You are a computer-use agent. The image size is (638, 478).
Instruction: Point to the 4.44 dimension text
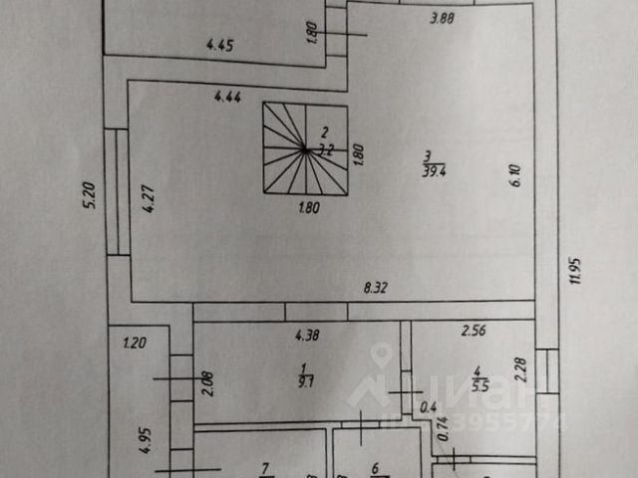tap(228, 97)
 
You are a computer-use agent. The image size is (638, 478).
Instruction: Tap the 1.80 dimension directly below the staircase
tap(309, 208)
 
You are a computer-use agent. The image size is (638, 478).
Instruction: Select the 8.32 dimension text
tap(376, 289)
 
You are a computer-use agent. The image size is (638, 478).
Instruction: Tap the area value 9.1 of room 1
tap(300, 379)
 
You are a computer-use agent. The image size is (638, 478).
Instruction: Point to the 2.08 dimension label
tap(204, 383)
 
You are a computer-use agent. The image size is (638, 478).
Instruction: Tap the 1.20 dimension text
tap(134, 345)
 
